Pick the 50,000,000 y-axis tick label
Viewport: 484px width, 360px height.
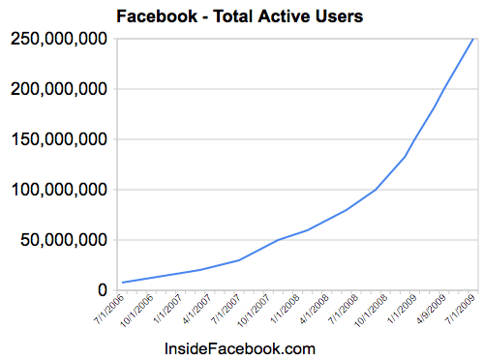(60, 240)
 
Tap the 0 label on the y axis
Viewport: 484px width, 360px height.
(102, 290)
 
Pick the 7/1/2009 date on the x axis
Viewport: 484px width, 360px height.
(461, 312)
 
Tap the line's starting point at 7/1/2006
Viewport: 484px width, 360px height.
(123, 282)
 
